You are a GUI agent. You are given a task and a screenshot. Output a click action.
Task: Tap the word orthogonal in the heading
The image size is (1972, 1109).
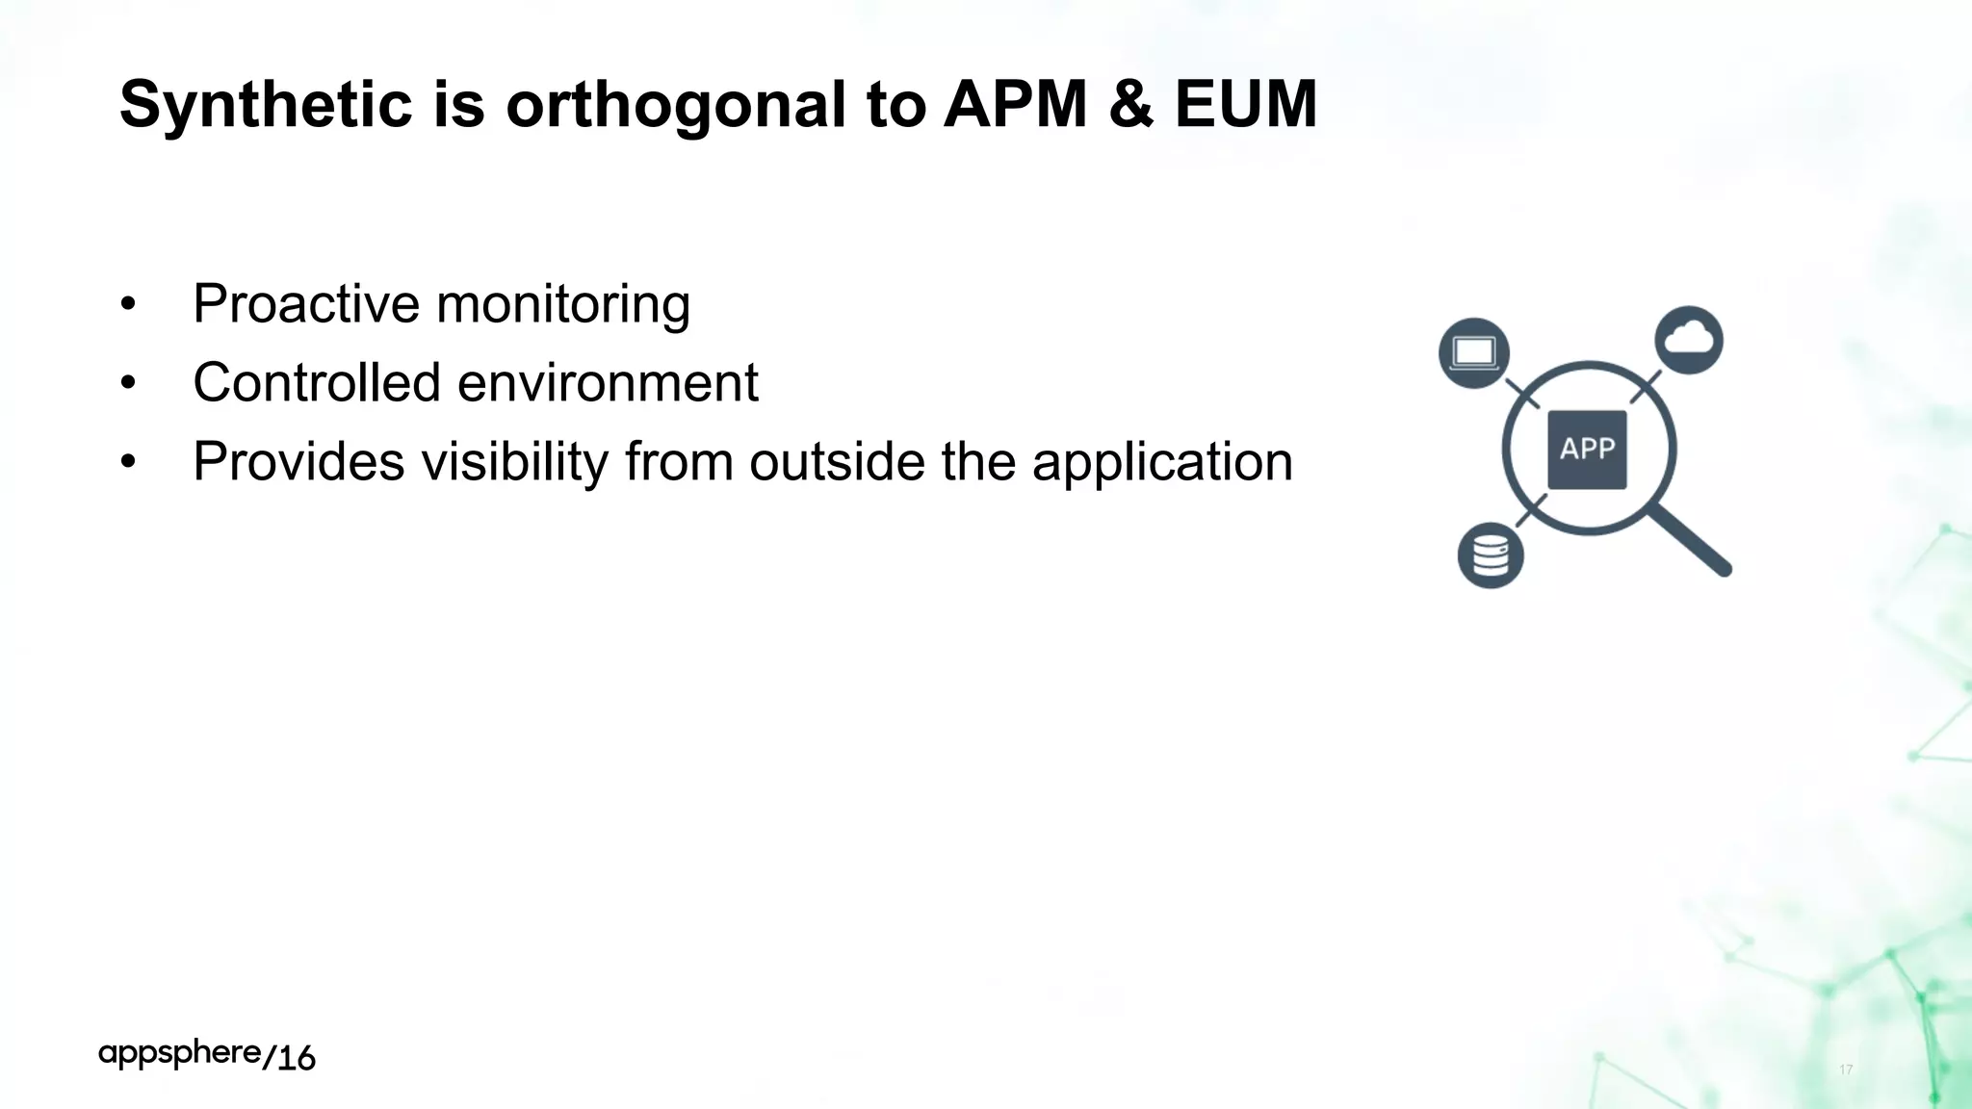click(x=675, y=104)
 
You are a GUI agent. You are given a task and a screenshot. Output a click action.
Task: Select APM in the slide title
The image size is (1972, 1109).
click(x=1015, y=104)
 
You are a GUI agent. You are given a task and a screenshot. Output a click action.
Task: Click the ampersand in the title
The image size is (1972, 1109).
click(x=1130, y=104)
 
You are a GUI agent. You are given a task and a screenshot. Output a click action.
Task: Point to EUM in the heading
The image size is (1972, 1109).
click(x=1245, y=104)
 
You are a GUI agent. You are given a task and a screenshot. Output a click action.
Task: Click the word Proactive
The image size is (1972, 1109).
click(x=306, y=304)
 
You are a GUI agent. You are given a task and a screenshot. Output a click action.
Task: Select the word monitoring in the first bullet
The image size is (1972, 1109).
click(x=563, y=304)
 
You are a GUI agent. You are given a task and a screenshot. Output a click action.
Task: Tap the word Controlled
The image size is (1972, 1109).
click(x=316, y=383)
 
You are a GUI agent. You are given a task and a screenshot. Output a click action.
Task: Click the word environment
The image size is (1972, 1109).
click(x=608, y=383)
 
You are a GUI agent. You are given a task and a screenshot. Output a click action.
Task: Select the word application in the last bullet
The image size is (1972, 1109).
click(x=1161, y=462)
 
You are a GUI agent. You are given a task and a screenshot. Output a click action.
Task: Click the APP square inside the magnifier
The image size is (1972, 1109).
click(x=1587, y=450)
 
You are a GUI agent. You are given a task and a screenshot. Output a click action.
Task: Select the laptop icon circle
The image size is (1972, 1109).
click(x=1473, y=352)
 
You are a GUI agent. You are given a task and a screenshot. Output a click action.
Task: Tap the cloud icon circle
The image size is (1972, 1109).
click(x=1689, y=340)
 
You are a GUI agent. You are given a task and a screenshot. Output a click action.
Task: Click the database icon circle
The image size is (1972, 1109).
click(x=1490, y=555)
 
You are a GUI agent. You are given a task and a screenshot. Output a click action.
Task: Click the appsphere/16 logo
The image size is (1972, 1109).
click(x=207, y=1056)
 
